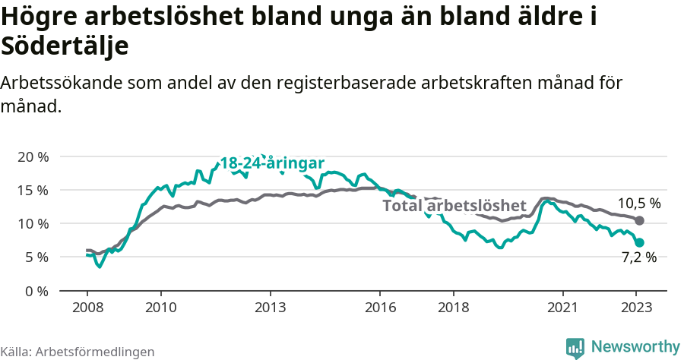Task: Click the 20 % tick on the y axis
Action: [x=33, y=156]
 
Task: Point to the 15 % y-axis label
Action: [x=33, y=190]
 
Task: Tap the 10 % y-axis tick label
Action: [x=33, y=223]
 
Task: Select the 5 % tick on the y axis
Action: [x=36, y=257]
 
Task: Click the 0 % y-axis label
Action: [x=36, y=291]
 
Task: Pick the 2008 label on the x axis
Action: [x=87, y=308]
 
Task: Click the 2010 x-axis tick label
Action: [x=160, y=308]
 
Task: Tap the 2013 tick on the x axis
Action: [x=270, y=308]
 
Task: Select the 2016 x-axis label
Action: [x=380, y=308]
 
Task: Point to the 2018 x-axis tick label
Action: [x=454, y=308]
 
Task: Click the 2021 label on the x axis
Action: [x=563, y=308]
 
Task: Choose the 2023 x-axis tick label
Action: [x=637, y=308]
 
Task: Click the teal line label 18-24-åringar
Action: [x=272, y=163]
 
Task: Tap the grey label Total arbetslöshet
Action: [x=454, y=206]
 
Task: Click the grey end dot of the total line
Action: [x=640, y=220]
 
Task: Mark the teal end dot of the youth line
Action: [x=640, y=242]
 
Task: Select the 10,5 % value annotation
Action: [x=638, y=204]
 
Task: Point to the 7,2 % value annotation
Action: [x=638, y=257]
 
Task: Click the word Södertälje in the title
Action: [x=65, y=46]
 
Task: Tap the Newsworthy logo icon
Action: [x=575, y=347]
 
